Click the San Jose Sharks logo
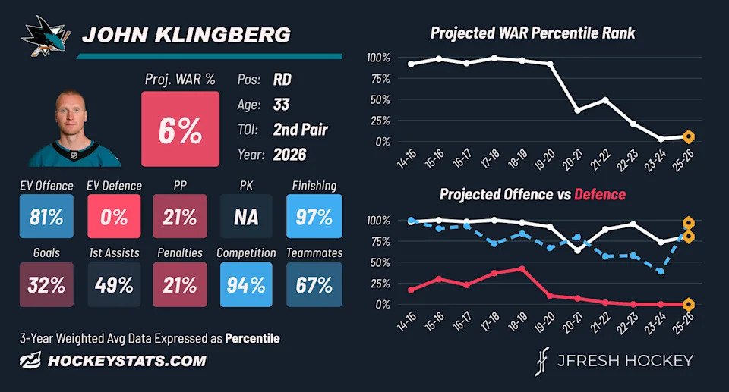(x=46, y=36)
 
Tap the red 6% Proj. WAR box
(x=181, y=129)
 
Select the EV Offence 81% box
(x=46, y=216)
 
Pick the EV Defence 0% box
(x=114, y=216)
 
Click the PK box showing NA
(x=246, y=216)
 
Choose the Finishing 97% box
(x=314, y=216)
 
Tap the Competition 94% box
(x=246, y=284)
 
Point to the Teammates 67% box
(x=314, y=284)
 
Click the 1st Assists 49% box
(x=114, y=284)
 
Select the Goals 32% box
(x=46, y=284)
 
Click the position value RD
(x=282, y=80)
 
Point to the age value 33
(x=281, y=105)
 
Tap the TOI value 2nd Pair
(x=301, y=130)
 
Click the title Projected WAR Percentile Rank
(x=532, y=33)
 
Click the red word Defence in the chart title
(x=600, y=194)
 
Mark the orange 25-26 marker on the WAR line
(x=689, y=137)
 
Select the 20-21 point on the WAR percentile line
(x=577, y=111)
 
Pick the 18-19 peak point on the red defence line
(x=522, y=268)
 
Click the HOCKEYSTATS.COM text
(x=127, y=361)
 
